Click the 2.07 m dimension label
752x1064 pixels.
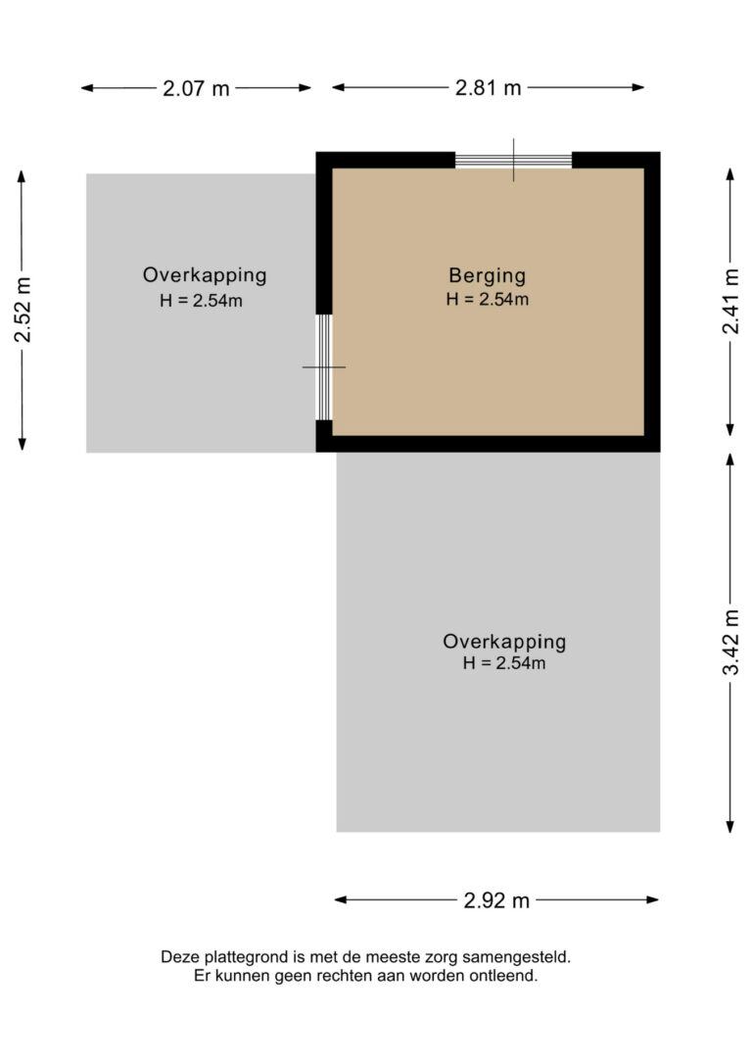coord(196,88)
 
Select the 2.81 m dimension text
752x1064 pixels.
coord(488,87)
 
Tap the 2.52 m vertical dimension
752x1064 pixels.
coord(23,311)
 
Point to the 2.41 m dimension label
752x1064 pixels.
coord(730,302)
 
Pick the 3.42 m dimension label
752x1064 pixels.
coord(730,642)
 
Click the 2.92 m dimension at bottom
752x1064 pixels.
coord(496,900)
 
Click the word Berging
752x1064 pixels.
coord(488,276)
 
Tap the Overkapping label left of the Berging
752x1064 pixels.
coord(204,276)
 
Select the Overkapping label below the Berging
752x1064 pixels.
coord(504,643)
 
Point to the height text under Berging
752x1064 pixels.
coord(488,300)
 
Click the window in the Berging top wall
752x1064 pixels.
coord(513,160)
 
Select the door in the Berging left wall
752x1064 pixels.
coord(324,366)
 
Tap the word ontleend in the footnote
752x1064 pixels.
coord(507,977)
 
